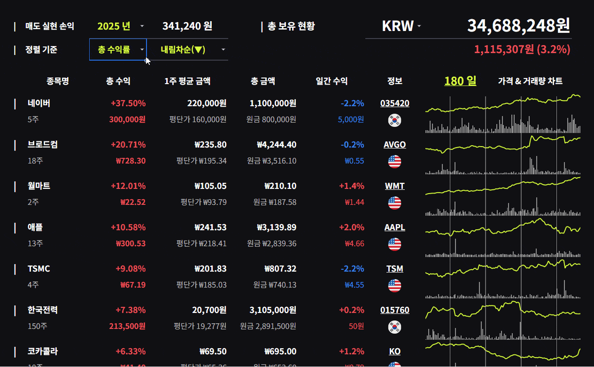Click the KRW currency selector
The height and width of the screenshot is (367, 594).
pyautogui.click(x=401, y=26)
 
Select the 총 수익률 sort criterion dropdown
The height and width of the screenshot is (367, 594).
pyautogui.click(x=118, y=49)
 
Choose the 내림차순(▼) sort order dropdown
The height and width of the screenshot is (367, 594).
pyautogui.click(x=187, y=49)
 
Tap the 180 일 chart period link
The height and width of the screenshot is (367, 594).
pyautogui.click(x=460, y=81)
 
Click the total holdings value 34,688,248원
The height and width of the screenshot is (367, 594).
pyautogui.click(x=518, y=26)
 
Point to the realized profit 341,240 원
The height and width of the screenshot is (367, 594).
pyautogui.click(x=187, y=26)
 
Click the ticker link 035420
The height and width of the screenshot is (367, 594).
pyautogui.click(x=394, y=103)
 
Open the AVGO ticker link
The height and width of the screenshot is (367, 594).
pyautogui.click(x=394, y=145)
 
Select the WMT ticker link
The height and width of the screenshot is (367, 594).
pyautogui.click(x=394, y=186)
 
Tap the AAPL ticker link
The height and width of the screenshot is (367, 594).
pyautogui.click(x=394, y=227)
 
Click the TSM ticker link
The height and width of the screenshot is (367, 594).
pyautogui.click(x=394, y=269)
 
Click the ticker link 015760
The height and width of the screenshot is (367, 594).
pyautogui.click(x=394, y=310)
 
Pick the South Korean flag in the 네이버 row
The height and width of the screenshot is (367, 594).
pyautogui.click(x=394, y=120)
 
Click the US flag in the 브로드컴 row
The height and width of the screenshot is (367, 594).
pyautogui.click(x=394, y=162)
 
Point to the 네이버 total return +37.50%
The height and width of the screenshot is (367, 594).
pyautogui.click(x=128, y=103)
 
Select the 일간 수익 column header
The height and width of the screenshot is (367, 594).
pyautogui.click(x=332, y=81)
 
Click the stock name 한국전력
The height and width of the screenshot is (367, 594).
pyautogui.click(x=43, y=310)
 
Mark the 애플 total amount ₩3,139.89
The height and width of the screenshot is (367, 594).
pyautogui.click(x=277, y=227)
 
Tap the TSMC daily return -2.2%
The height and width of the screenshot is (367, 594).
pyautogui.click(x=352, y=269)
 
